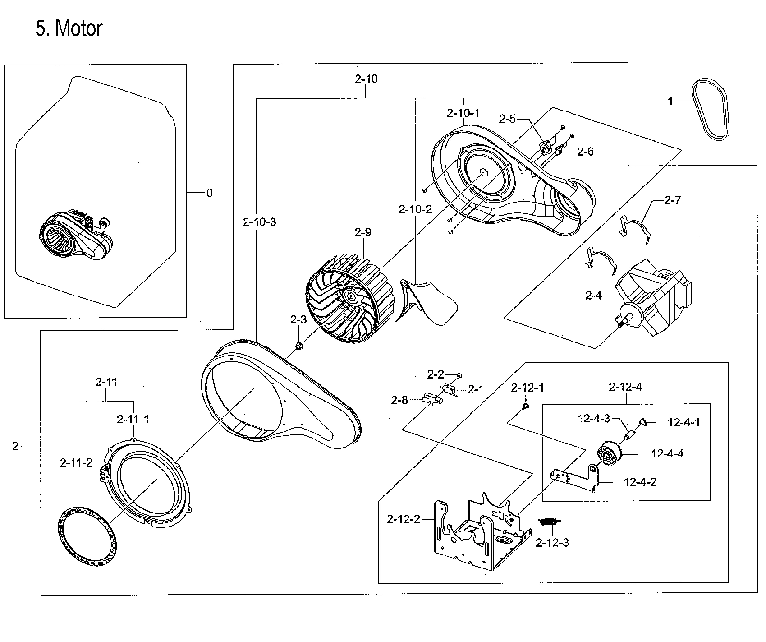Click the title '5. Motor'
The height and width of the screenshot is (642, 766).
click(x=69, y=29)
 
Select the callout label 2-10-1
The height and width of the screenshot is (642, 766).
click(x=463, y=113)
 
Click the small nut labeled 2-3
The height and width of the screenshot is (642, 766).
click(x=298, y=346)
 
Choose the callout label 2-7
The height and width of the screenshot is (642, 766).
click(x=672, y=200)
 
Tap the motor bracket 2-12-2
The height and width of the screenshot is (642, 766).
click(x=478, y=532)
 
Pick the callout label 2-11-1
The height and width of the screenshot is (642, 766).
click(x=133, y=419)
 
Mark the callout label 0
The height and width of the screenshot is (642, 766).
click(x=209, y=193)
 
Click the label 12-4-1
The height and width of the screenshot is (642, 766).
click(x=683, y=423)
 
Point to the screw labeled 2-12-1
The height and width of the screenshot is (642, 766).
click(x=526, y=407)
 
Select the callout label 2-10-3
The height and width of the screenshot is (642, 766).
click(x=259, y=222)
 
